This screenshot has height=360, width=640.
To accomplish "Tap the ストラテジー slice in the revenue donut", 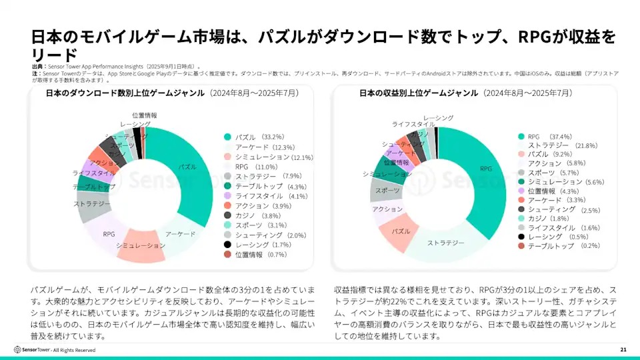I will (445, 243).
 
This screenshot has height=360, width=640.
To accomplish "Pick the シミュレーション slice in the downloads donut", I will (141, 247).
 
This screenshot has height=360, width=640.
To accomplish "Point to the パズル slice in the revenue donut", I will (400, 231).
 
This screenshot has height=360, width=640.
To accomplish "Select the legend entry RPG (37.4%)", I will (550, 136).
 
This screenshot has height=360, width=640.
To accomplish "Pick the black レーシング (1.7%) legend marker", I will (228, 245).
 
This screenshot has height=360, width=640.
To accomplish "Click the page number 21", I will (623, 349).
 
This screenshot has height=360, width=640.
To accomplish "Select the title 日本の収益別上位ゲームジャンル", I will (418, 94).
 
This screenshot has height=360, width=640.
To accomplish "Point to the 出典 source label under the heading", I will (39, 67).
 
